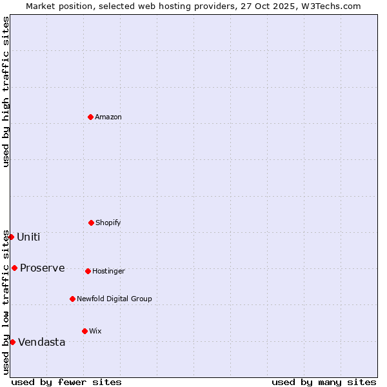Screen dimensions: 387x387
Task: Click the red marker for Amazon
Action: coord(91,117)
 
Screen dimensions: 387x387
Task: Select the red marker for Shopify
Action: coord(91,223)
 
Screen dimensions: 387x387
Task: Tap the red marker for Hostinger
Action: coord(88,271)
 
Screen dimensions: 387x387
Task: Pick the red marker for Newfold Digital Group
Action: coord(72,299)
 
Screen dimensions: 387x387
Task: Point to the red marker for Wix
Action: coord(84,331)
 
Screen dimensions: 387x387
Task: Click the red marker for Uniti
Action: coord(11,237)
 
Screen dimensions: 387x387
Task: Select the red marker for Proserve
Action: coord(14,268)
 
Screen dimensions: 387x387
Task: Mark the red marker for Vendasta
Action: coord(12,342)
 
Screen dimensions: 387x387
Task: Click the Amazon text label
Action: coord(108,117)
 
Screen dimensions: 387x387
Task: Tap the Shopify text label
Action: coord(108,223)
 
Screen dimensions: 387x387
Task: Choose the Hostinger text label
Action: coord(108,271)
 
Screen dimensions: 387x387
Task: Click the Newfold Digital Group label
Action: coord(114,299)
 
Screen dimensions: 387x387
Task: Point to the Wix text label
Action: coord(95,331)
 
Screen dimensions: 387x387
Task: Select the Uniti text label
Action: coord(28,237)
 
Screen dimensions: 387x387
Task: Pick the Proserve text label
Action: coord(43,268)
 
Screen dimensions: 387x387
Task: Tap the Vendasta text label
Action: coord(42,342)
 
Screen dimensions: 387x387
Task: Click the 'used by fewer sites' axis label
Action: coord(66,382)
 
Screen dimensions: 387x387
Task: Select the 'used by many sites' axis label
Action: coord(324,382)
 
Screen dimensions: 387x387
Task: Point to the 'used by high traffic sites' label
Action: coord(6,92)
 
